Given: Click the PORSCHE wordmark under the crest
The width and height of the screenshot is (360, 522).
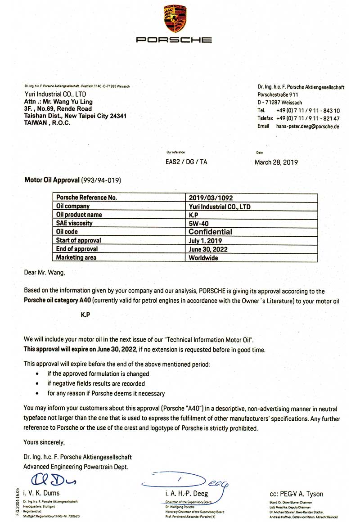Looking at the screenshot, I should point(174,40).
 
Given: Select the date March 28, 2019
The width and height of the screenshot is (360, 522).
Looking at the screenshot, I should point(276,162).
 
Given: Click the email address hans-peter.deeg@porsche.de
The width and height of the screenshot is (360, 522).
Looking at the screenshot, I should point(308,126).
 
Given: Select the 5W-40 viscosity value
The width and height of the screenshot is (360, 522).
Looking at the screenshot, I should point(199,223).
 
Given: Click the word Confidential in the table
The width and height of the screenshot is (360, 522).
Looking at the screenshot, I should point(211,232).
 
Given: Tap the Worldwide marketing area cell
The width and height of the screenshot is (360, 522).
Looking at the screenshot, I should point(204,258).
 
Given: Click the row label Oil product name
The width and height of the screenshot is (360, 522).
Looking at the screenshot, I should point(79,215).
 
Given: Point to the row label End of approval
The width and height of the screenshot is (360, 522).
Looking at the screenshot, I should point(77,249).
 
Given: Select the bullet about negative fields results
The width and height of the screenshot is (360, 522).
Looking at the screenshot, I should point(96,383).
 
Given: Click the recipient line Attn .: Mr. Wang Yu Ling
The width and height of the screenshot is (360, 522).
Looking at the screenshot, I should point(58,102).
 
